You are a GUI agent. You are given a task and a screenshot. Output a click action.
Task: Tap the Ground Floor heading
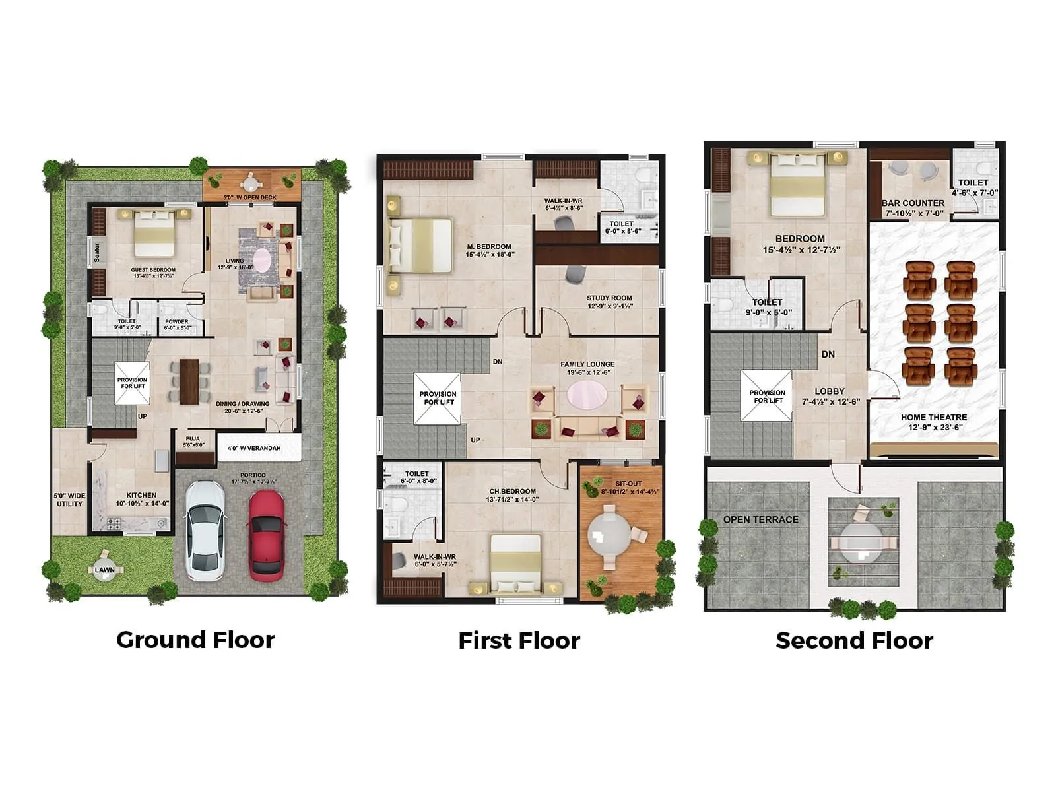pos(195,640)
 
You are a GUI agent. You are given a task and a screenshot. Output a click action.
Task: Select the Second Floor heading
pos(854,640)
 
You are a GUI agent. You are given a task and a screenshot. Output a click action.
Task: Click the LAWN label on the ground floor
pos(104,570)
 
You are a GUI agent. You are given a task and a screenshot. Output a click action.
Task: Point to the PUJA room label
pos(193,439)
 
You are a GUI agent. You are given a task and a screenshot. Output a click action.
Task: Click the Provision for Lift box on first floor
pos(438,398)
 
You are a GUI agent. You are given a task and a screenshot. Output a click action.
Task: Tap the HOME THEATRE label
pos(934,417)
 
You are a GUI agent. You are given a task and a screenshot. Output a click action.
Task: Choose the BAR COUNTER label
pos(913,203)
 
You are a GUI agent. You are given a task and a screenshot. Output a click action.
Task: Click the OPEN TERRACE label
pos(760,519)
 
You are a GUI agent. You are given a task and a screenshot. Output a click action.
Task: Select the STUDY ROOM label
pos(609,298)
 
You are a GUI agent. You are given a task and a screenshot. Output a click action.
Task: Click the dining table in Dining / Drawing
pos(189,381)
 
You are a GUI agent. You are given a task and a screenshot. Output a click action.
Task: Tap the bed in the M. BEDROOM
pos(422,246)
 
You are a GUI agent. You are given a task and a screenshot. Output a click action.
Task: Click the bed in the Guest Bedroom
pos(155,234)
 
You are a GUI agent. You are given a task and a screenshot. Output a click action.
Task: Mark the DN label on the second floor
pos(828,354)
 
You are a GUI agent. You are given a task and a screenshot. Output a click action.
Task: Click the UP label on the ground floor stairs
pos(143,416)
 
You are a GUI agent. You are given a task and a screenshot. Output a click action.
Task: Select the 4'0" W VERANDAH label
pos(254,448)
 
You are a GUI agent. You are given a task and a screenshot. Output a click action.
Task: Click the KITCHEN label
pos(141,495)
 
